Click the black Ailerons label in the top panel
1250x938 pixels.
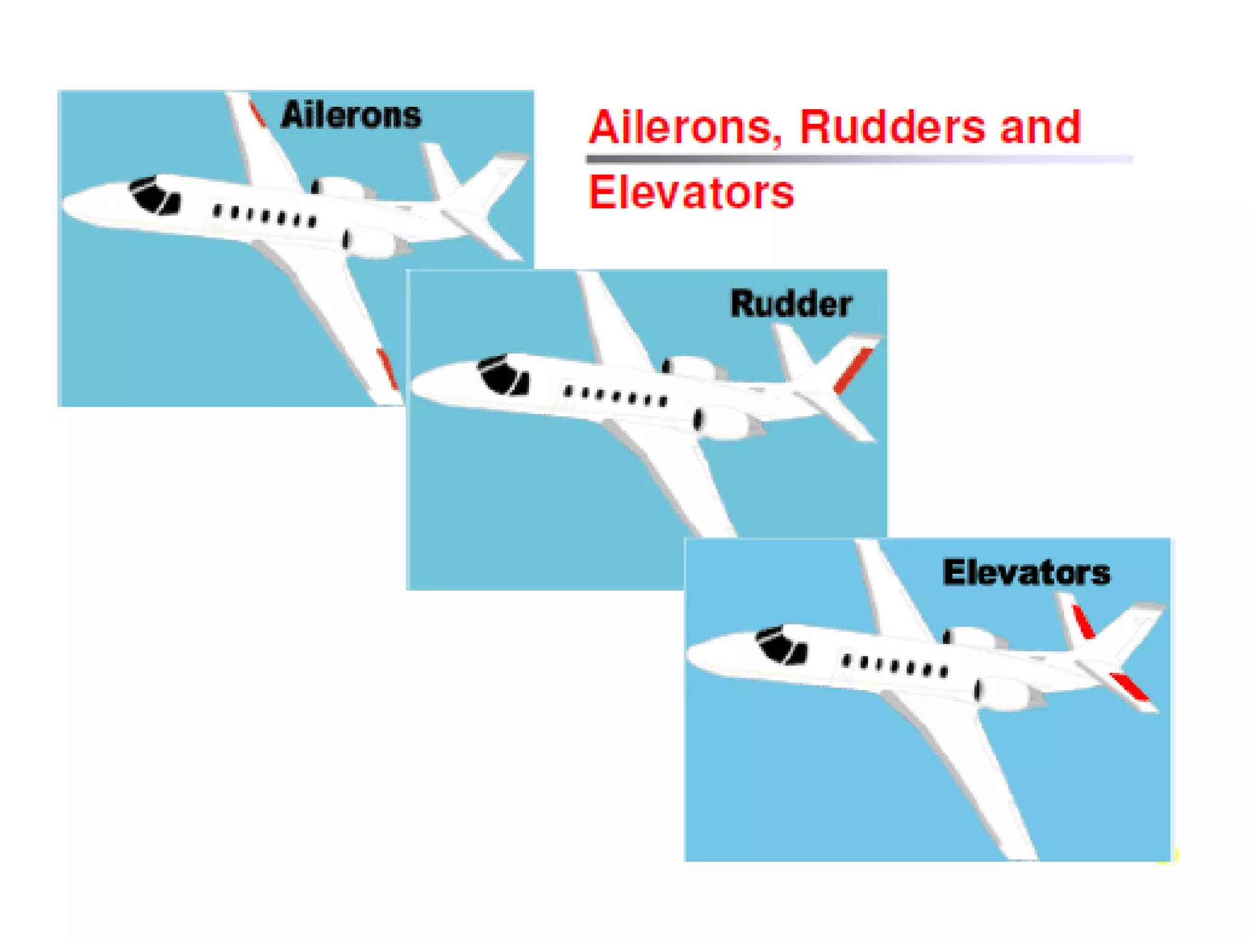[x=351, y=115]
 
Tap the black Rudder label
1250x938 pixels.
[x=791, y=304]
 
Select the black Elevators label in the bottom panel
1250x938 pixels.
[x=1026, y=573]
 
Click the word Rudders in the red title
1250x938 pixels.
[x=892, y=127]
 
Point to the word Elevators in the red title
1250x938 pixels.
[x=691, y=192]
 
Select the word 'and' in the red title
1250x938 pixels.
[x=1040, y=127]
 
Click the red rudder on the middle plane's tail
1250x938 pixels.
[x=853, y=369]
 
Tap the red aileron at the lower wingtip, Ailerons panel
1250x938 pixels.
[x=387, y=368]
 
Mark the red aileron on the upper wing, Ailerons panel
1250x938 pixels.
[x=257, y=114]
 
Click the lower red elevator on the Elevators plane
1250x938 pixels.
[x=1130, y=686]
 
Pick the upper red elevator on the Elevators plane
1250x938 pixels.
[x=1084, y=622]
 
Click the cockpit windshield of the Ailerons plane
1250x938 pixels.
[x=154, y=195]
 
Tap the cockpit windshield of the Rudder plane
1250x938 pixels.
[x=504, y=374]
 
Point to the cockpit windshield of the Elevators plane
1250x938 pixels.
[x=781, y=645]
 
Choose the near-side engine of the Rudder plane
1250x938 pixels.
[x=726, y=421]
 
